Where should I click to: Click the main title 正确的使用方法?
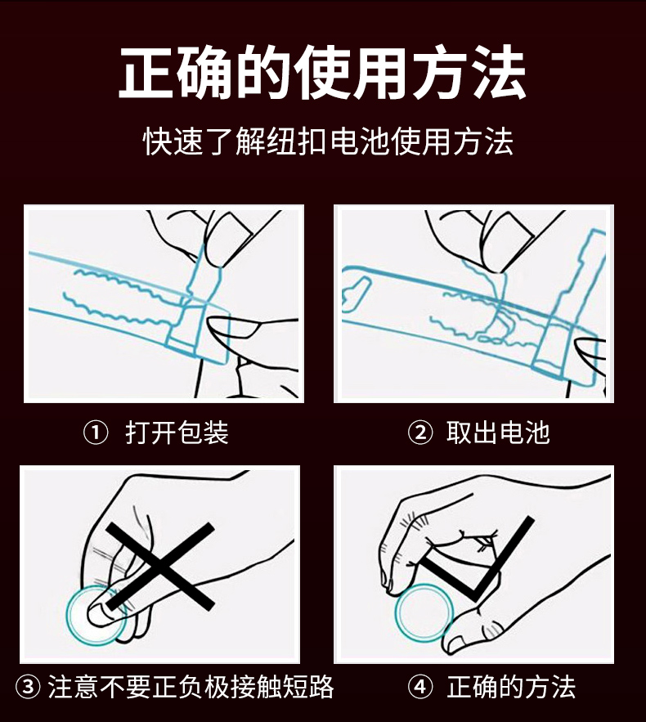point(322,72)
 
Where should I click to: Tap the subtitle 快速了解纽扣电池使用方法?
point(328,141)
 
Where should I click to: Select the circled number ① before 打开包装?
point(96,433)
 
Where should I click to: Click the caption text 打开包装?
point(177,433)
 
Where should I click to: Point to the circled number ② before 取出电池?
point(420,433)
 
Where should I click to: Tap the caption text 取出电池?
point(498,433)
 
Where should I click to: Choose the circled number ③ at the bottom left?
point(28,687)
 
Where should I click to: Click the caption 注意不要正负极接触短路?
point(191,687)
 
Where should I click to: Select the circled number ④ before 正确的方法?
point(420,687)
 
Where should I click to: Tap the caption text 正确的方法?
point(511,687)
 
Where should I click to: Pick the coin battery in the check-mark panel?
point(424,613)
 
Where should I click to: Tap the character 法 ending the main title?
point(499,72)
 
